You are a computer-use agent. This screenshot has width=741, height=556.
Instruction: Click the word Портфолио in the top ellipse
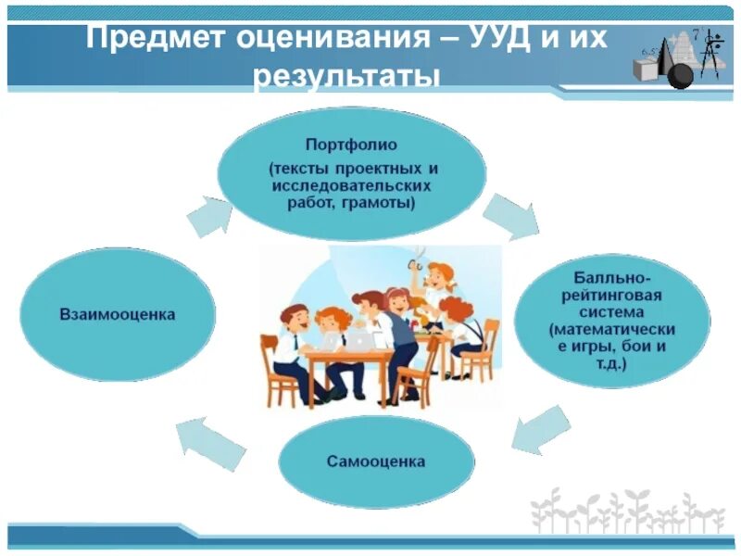coord(351,145)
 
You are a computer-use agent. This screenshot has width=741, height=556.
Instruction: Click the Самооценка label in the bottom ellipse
coord(376,461)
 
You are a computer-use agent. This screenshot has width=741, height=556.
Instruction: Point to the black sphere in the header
coord(680,75)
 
